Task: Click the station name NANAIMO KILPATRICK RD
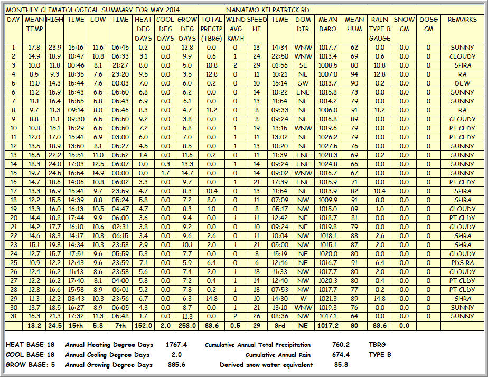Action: [267, 10]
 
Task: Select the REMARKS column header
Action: [462, 20]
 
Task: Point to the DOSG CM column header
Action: [428, 24]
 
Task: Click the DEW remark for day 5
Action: [462, 83]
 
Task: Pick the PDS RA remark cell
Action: [462, 263]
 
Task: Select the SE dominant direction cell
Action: [303, 65]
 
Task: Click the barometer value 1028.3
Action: [328, 155]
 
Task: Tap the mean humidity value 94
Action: [354, 74]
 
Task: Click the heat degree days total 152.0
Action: [143, 326]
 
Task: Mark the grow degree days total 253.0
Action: [187, 326]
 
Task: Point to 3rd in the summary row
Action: [279, 326]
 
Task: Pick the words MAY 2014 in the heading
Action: [162, 10]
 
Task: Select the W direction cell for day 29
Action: [303, 299]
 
